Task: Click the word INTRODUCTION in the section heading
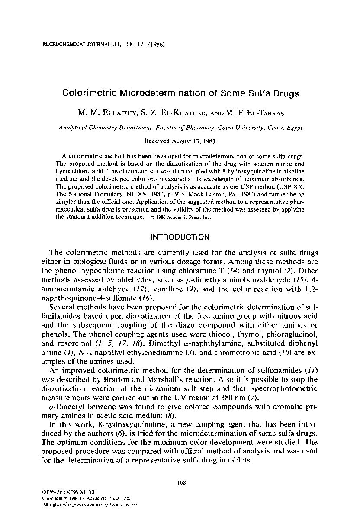tap(180, 237)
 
